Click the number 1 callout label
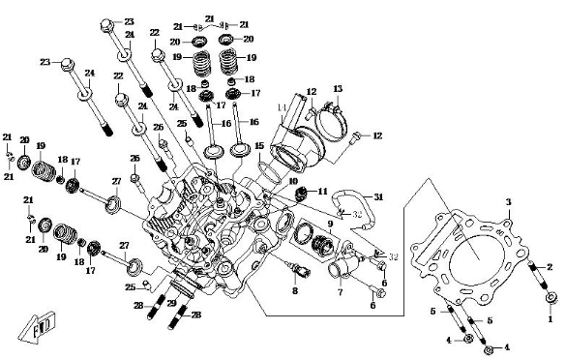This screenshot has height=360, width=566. pyautogui.click(x=551, y=317)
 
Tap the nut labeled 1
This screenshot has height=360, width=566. pyautogui.click(x=551, y=297)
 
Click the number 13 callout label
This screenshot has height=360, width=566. pyautogui.click(x=337, y=89)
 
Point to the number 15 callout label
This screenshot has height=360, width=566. pyautogui.click(x=259, y=146)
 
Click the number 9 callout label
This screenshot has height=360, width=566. pyautogui.click(x=329, y=223)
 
